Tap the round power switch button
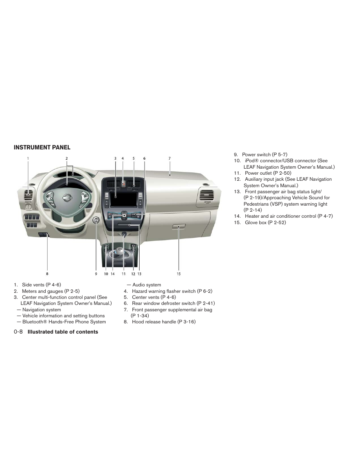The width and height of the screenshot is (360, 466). point(96,220)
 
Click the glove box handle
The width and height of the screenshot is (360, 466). point(179,227)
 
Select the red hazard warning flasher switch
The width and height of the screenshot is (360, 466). point(123,184)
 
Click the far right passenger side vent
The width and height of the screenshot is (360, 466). point(206,195)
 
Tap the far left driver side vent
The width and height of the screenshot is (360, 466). point(28,195)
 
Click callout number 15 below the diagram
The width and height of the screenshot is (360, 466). point(178,274)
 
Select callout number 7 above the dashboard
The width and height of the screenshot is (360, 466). point(169,158)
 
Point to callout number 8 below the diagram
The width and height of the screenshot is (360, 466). point(47,274)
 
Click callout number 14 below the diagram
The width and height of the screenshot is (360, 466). point(112,274)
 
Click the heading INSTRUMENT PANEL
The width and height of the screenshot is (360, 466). point(42,148)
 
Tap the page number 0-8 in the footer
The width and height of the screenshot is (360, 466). point(18,332)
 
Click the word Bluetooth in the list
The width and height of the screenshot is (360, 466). point(32,322)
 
